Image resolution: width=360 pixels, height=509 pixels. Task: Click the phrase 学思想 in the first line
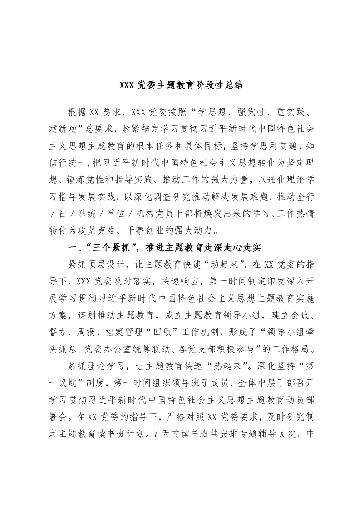(x=229, y=112)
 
